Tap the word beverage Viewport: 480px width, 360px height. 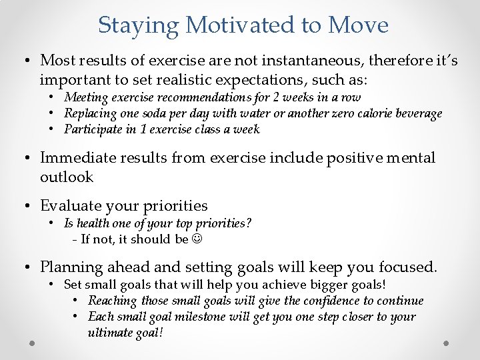click(x=417, y=113)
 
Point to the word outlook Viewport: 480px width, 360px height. click(x=67, y=177)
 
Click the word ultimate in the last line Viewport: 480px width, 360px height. click(x=109, y=332)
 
